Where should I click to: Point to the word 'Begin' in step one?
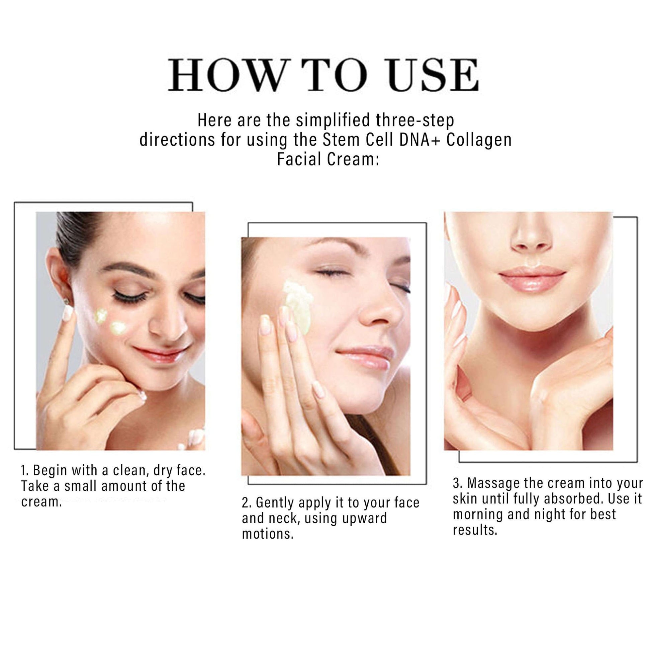click(50, 471)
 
